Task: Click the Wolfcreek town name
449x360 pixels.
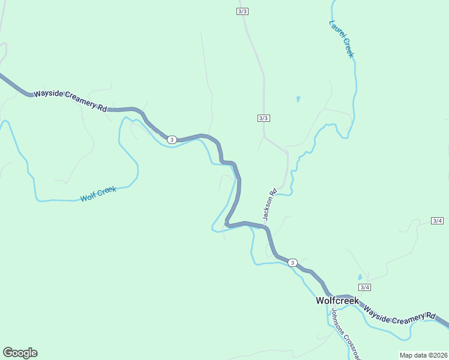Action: [x=337, y=301]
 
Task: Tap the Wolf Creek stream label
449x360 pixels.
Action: [x=98, y=194]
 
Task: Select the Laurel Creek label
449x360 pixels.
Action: [x=342, y=39]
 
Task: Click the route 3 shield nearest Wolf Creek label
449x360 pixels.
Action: [x=172, y=140]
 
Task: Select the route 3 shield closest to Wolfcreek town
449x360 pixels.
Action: [x=292, y=263]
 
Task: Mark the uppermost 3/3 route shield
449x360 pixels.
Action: [x=243, y=11]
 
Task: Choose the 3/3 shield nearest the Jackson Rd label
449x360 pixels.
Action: [x=264, y=118]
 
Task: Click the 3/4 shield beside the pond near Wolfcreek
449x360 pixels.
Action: [x=364, y=287]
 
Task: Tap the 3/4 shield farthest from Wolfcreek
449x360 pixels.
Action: [x=438, y=221]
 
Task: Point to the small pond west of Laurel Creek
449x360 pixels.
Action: [x=298, y=99]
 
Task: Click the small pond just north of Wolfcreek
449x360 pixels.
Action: [x=360, y=277]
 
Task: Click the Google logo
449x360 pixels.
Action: [x=20, y=353]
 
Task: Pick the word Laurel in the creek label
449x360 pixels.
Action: [x=337, y=31]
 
